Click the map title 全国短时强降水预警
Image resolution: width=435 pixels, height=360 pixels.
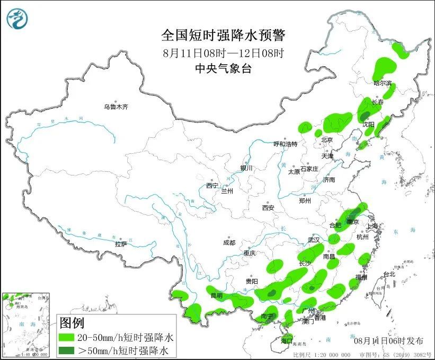tap(223, 36)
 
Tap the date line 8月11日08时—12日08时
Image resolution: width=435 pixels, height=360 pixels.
tap(223, 53)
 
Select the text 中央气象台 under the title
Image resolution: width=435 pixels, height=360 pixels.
tap(223, 68)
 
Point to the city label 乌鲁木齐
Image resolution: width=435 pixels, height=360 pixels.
tap(116, 107)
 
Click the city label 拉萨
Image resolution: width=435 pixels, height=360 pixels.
tap(121, 244)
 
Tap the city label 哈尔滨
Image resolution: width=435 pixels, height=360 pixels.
tap(383, 83)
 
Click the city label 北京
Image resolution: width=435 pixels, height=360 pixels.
tap(326, 141)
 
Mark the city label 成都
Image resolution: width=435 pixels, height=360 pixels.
tap(229, 243)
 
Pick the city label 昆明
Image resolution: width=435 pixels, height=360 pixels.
tap(217, 295)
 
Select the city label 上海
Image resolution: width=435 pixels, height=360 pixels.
tap(373, 226)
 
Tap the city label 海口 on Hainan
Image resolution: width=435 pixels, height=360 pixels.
tap(287, 340)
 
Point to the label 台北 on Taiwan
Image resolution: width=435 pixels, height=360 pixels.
tap(389, 274)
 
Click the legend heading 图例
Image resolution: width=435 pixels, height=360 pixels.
tap(72, 322)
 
